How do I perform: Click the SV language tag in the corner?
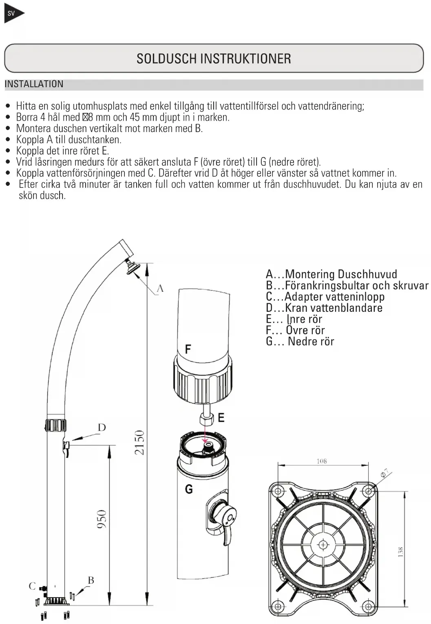(x=11, y=13)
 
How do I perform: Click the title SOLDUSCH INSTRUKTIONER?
(x=214, y=59)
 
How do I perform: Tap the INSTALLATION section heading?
(x=34, y=84)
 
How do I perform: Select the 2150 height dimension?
(x=139, y=442)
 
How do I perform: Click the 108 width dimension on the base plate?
(x=322, y=461)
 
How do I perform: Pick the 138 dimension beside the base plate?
(x=400, y=552)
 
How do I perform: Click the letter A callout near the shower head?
(x=160, y=289)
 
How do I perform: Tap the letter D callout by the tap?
(x=102, y=428)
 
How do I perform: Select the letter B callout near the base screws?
(x=91, y=580)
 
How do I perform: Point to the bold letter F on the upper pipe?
(x=188, y=349)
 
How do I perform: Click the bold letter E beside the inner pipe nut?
(x=221, y=418)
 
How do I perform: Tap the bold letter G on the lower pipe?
(x=189, y=489)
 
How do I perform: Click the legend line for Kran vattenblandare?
(x=324, y=308)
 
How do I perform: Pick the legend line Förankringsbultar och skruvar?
(x=347, y=285)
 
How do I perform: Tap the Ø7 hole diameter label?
(x=386, y=474)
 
